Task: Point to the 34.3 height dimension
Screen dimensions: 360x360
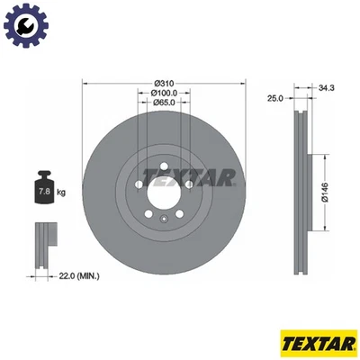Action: pos(326,88)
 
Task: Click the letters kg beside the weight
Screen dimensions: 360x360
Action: pos(60,193)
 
